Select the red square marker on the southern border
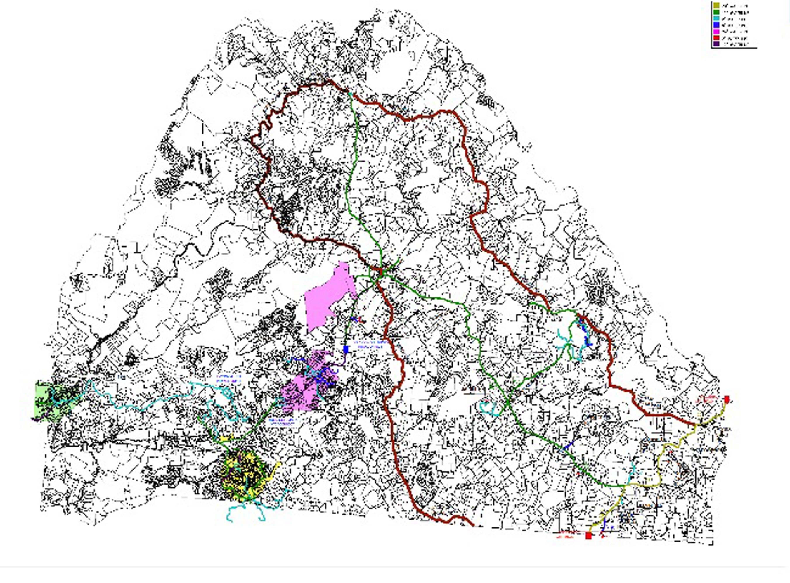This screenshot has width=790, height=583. click(x=588, y=536)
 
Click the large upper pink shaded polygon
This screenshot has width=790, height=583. click(x=328, y=296)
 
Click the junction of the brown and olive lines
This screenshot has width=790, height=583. click(x=696, y=424)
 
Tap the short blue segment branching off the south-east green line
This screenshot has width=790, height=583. click(x=568, y=446)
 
